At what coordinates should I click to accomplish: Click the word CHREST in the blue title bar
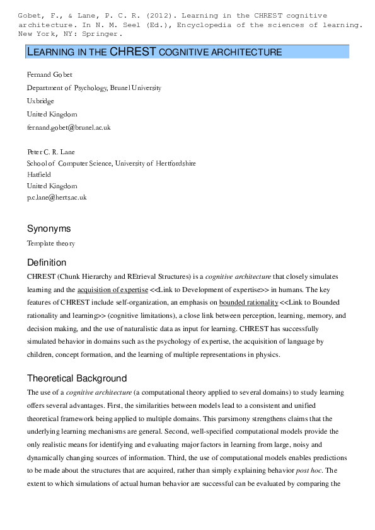(133, 52)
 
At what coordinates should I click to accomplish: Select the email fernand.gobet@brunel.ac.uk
(69, 128)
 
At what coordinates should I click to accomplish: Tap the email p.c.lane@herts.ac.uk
(57, 198)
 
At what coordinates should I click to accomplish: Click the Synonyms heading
(49, 228)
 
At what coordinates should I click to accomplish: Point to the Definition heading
(47, 262)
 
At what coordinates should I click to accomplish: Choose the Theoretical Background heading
(77, 378)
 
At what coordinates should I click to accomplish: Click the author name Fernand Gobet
(50, 75)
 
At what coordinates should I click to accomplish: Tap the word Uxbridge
(40, 101)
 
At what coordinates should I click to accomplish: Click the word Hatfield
(40, 175)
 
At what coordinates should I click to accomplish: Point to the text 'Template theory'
(51, 243)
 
